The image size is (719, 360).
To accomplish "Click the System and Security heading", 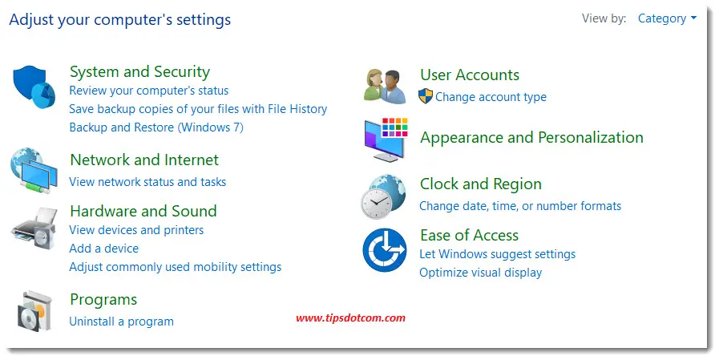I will [x=139, y=71].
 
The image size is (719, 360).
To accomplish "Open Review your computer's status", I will [x=148, y=91].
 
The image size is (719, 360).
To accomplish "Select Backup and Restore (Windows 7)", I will [x=156, y=127].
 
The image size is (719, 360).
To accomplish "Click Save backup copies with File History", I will [x=198, y=109].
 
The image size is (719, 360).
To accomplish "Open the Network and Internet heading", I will [x=144, y=160].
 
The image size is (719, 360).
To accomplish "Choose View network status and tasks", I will [x=147, y=182].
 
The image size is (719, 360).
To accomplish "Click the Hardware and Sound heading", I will [x=143, y=211].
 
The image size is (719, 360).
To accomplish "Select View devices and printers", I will [x=136, y=230].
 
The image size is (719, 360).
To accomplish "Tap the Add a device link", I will [x=103, y=249].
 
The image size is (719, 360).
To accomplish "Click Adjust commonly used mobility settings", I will [x=175, y=267].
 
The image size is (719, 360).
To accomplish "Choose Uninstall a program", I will [x=121, y=322].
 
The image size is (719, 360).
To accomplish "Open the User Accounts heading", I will [x=469, y=75].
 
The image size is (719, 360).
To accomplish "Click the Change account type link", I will [x=491, y=97].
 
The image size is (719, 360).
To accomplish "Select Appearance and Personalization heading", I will [x=531, y=137].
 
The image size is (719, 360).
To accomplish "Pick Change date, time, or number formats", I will [x=520, y=206].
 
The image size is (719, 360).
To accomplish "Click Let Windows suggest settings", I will [x=497, y=254].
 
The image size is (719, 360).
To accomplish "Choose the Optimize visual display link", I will [x=480, y=273].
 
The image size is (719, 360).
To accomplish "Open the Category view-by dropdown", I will [x=667, y=18].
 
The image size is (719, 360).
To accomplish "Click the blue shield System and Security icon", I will [x=34, y=87].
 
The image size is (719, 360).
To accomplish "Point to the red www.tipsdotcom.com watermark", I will [x=350, y=318].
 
